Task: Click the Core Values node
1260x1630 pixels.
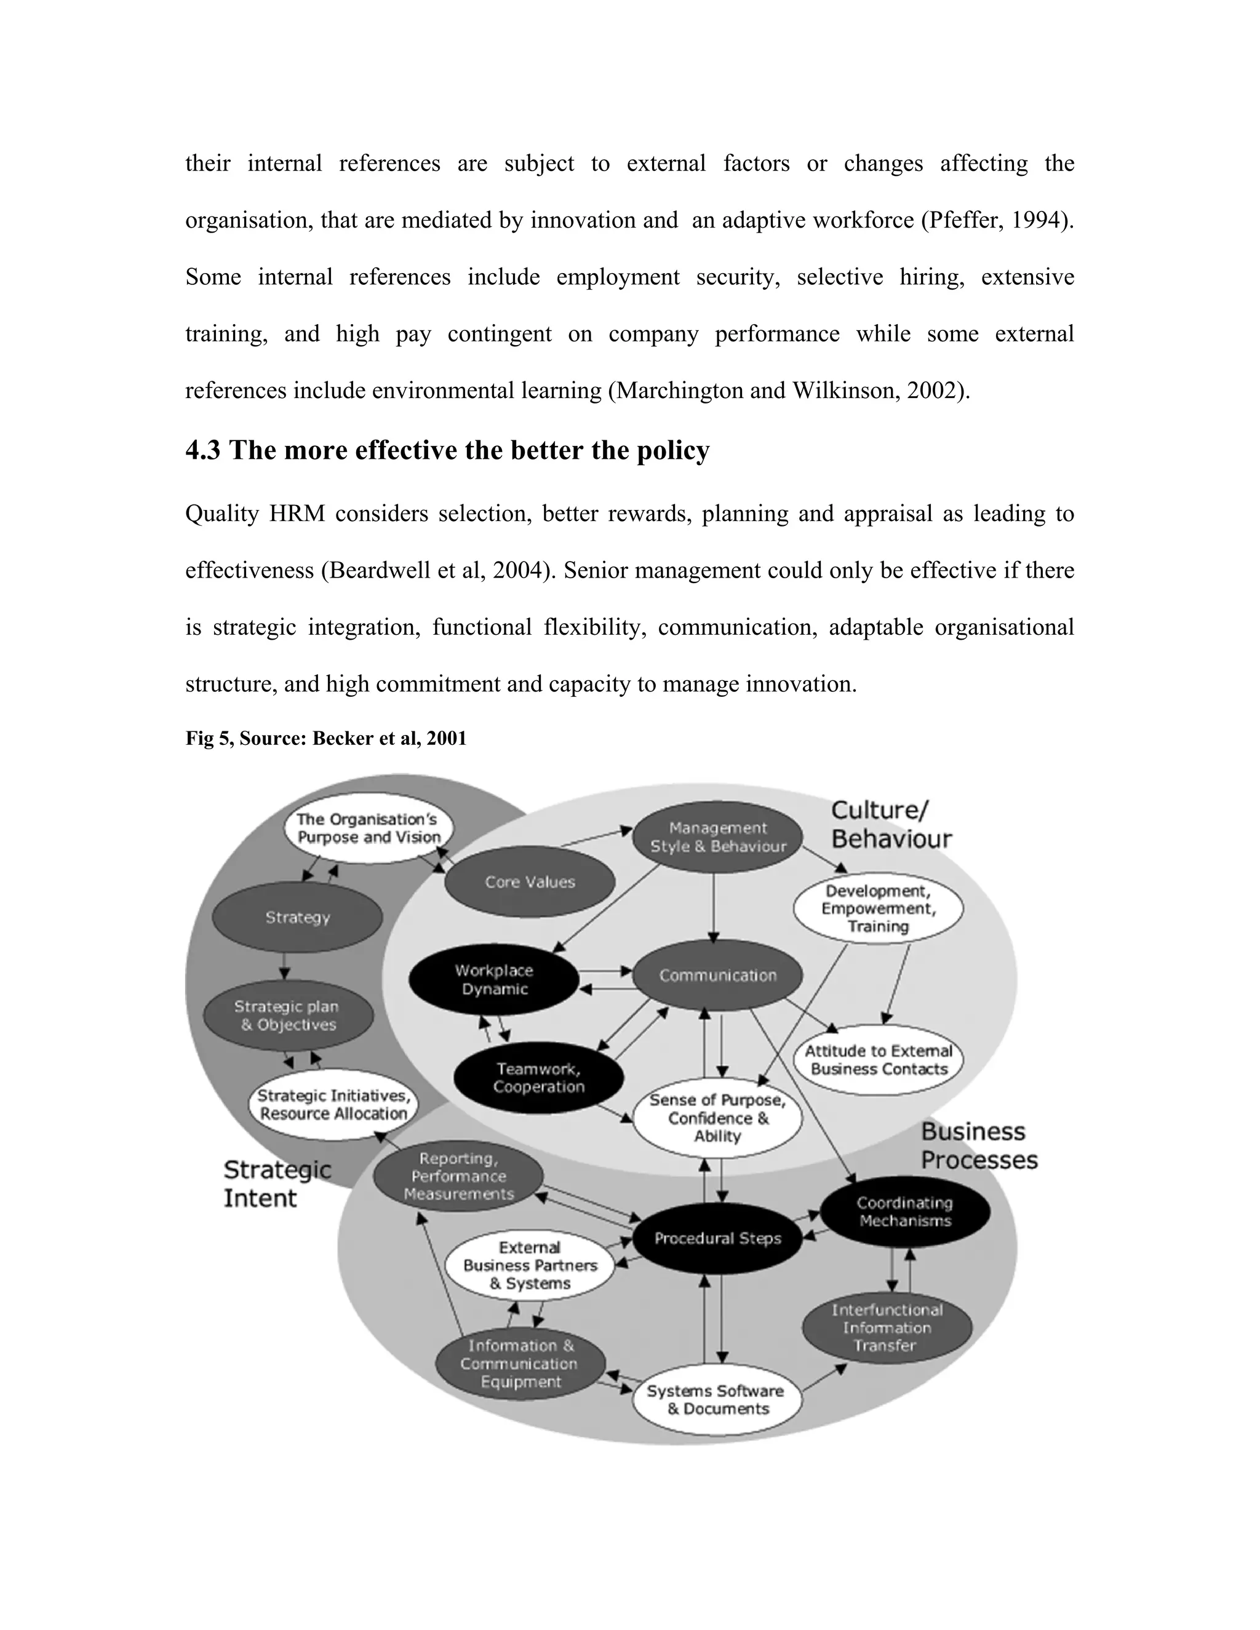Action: (x=529, y=881)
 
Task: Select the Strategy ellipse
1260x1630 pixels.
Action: (x=297, y=917)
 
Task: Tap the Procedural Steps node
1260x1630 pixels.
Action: (x=717, y=1238)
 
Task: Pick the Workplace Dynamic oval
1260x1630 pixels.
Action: (x=493, y=979)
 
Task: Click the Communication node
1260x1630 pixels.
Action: (x=717, y=975)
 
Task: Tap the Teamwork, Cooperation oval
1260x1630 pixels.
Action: (x=538, y=1078)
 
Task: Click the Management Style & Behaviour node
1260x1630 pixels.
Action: (x=717, y=837)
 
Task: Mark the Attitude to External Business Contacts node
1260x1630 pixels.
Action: (x=879, y=1060)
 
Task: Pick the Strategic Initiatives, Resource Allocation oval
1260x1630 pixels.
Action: (x=333, y=1105)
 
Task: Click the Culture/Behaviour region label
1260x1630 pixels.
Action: (x=891, y=825)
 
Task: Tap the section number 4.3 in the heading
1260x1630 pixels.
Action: (x=202, y=450)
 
